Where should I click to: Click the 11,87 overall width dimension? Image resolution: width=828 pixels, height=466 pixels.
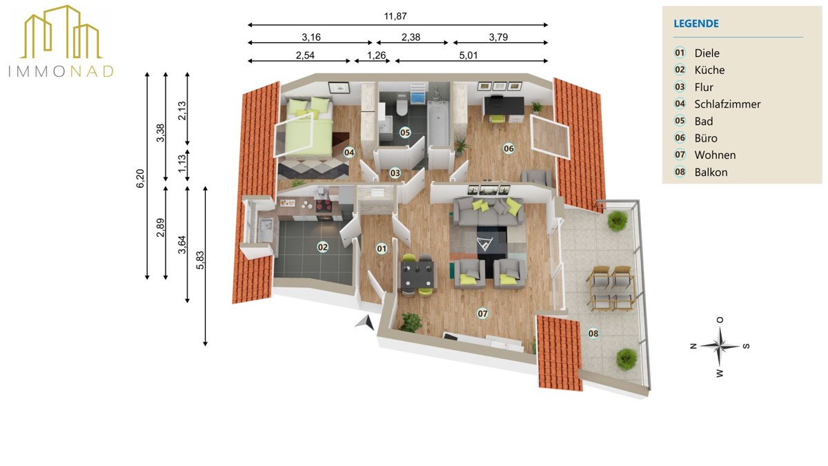395,17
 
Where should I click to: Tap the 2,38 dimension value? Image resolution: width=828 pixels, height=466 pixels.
411,37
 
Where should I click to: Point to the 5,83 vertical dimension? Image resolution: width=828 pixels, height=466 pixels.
200,260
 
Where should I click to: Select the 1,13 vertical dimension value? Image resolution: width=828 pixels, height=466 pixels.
182,164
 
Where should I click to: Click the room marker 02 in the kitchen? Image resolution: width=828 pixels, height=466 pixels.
323,247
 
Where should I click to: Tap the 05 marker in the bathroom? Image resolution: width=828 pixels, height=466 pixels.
405,133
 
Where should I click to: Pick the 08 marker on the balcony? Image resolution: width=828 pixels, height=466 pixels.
593,333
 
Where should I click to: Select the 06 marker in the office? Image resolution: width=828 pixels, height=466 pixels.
509,148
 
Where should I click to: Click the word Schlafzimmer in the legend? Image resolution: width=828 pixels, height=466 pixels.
727,104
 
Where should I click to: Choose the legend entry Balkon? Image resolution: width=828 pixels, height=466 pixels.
711,173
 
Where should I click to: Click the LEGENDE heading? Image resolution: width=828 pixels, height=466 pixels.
696,23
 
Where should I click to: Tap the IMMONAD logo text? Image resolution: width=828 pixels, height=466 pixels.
61,71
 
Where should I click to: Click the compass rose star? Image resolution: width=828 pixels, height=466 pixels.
720,346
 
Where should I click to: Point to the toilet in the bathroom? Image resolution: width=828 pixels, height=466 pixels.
401,106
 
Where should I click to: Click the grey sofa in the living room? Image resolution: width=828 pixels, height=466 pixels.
487,211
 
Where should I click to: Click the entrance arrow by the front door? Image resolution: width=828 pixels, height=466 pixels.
365,322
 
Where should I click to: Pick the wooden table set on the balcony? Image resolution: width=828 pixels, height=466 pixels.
611,289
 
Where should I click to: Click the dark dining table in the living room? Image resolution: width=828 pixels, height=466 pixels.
417,275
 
